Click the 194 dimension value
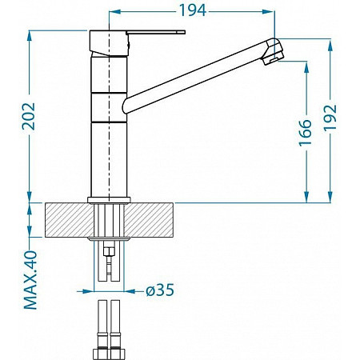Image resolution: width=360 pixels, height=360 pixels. pos(193,10)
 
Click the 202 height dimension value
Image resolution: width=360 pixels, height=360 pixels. pos(29,116)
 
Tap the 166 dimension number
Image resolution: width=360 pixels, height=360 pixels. pos(305,133)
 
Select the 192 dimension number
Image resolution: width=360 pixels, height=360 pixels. pos(330,118)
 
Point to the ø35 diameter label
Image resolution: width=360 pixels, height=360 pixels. pos(160,290)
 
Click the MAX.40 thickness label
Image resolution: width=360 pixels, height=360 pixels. pos(30,280)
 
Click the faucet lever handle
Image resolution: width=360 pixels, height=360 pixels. pos(156,32)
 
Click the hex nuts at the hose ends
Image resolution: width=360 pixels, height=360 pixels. pos(110,354)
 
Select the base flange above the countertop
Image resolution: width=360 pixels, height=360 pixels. pos(109,200)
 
